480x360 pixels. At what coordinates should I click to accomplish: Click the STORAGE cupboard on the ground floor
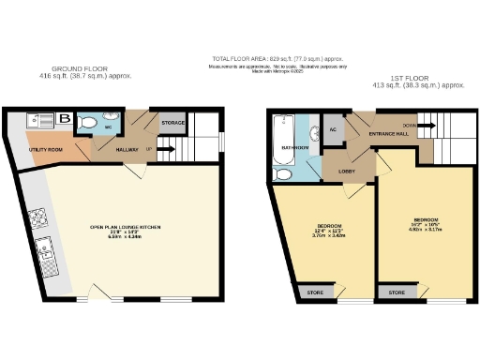pyautogui.click(x=172, y=122)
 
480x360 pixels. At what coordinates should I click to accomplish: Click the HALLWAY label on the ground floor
pyautogui.click(x=127, y=149)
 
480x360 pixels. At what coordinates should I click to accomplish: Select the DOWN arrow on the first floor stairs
pyautogui.click(x=409, y=126)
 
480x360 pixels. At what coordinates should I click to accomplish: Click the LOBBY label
pyautogui.click(x=345, y=172)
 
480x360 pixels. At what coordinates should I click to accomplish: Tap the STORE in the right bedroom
pyautogui.click(x=396, y=292)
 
